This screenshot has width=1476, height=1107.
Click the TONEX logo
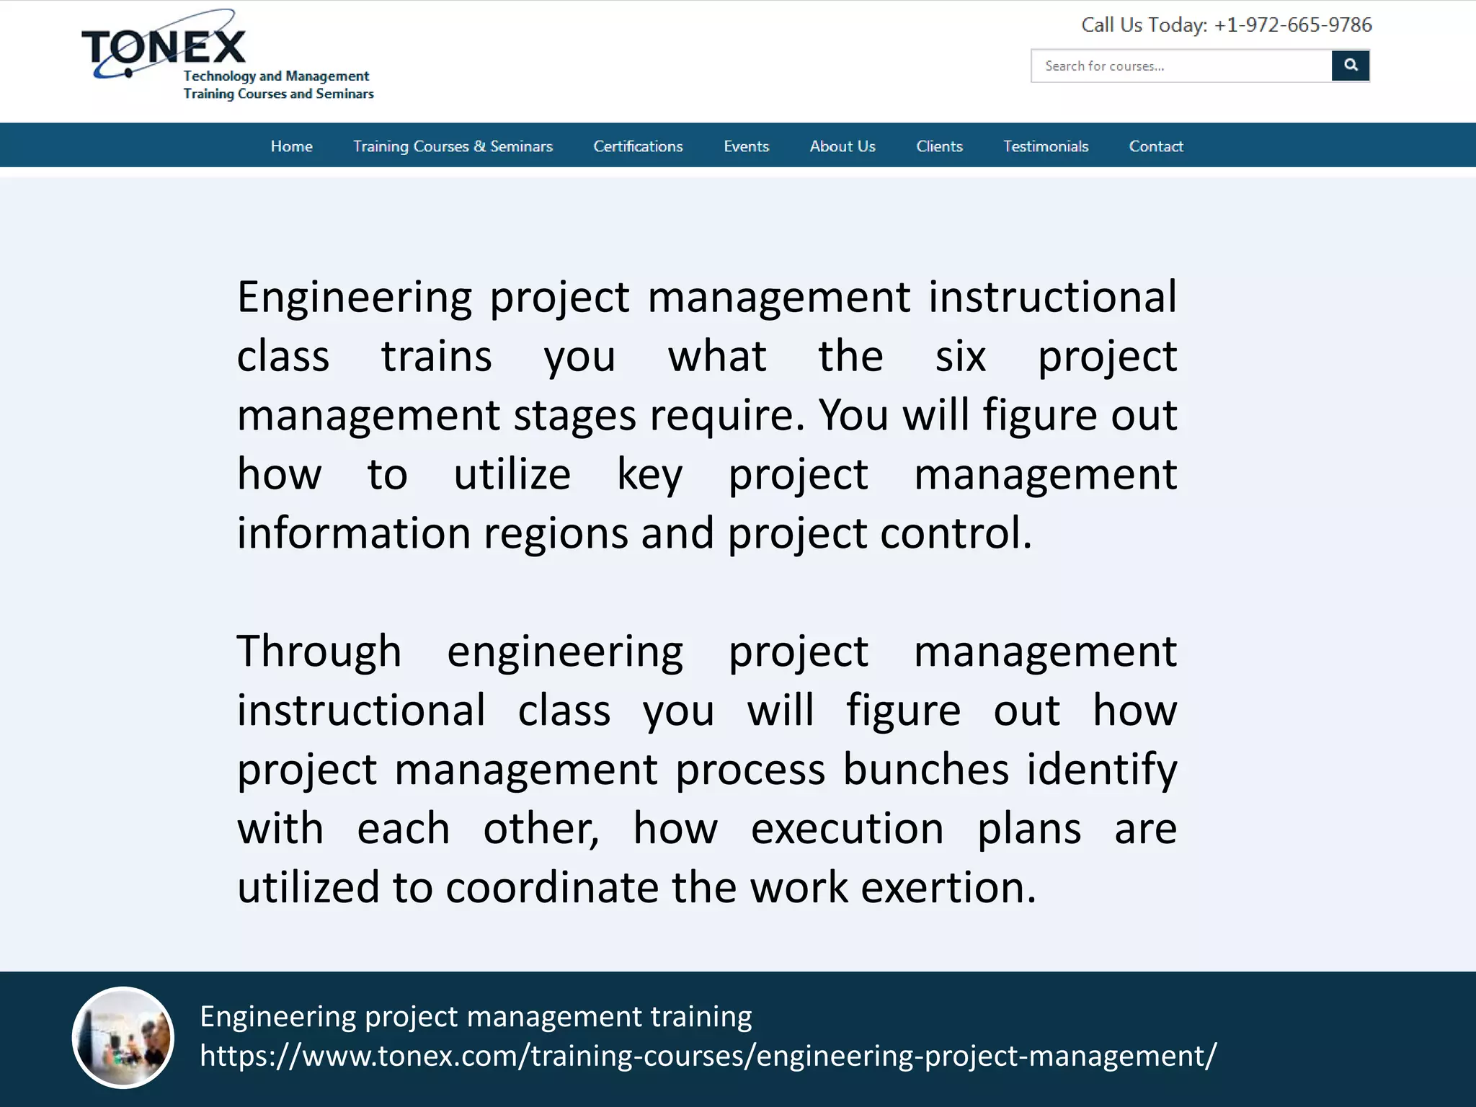point(164,48)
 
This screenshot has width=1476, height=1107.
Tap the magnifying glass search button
point(1350,66)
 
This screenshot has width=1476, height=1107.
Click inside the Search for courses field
point(1181,66)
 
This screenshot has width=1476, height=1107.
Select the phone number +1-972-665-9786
point(1293,25)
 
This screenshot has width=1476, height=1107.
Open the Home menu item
point(291,146)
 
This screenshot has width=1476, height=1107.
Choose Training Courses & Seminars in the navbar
point(453,146)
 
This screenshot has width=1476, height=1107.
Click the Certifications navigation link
point(638,146)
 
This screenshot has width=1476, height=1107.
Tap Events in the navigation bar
point(746,146)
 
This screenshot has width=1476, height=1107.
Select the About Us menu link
point(843,146)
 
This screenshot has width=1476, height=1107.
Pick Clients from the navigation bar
point(939,146)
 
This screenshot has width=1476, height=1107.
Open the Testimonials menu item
point(1046,146)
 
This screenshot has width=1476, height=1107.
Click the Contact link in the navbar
point(1156,146)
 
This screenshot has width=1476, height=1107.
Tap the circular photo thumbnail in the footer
point(123,1037)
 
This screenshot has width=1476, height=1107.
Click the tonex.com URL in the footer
point(708,1056)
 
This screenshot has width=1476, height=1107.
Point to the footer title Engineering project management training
point(476,1016)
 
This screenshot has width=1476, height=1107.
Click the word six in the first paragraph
point(960,356)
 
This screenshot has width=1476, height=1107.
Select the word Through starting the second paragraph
point(319,652)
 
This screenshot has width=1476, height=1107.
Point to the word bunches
point(925,770)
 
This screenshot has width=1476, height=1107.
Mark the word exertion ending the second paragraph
point(948,888)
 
